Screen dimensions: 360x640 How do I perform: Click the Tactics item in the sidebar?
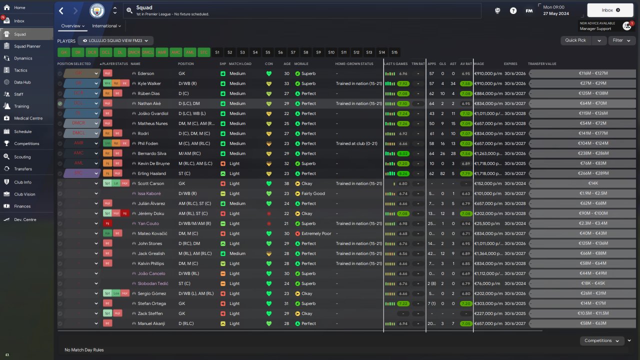[x=20, y=70]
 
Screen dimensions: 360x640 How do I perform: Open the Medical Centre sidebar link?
[x=28, y=118]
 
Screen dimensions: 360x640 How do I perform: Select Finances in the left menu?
[x=22, y=206]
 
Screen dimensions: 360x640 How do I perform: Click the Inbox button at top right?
[x=610, y=10]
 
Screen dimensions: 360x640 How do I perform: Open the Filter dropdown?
[x=621, y=40]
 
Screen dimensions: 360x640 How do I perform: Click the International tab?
[x=106, y=26]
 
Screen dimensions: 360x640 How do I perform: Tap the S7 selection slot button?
[x=293, y=52]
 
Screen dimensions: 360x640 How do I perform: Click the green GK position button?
[x=64, y=52]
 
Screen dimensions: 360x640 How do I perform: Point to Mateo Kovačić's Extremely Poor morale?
[x=315, y=233]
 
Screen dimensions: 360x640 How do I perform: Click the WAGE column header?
[x=479, y=64]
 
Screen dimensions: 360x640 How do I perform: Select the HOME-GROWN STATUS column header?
[x=354, y=64]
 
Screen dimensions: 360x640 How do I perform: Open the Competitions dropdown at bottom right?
[x=602, y=340]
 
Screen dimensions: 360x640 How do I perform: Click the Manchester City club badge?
[x=97, y=10]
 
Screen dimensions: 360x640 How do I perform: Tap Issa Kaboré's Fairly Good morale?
[x=312, y=193]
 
